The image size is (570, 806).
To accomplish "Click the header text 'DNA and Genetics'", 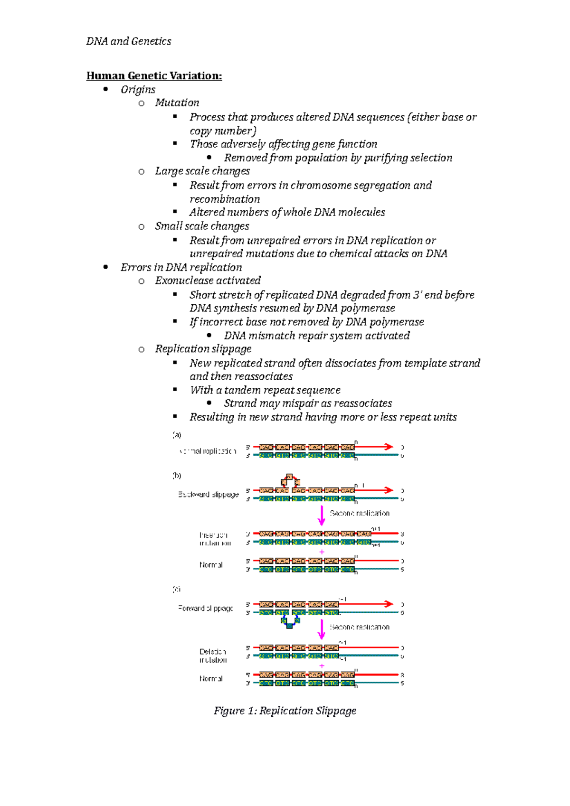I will [128, 41].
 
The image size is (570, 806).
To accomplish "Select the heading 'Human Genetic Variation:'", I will [154, 76].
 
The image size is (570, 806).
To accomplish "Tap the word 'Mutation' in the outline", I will [177, 103].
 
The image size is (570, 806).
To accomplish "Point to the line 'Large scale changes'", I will [202, 171].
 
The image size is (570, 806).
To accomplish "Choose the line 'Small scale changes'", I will [201, 226].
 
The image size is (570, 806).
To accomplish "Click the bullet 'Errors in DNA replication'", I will [181, 267].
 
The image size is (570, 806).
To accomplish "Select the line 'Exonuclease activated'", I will [208, 281].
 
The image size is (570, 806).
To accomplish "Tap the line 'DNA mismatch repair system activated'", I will [316, 336].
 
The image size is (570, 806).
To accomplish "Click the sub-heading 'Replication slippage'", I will [203, 349].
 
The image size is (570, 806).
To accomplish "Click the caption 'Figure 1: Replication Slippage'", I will [285, 711].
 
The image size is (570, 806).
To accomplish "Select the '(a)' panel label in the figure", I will [177, 435].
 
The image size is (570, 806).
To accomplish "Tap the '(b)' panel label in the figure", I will [177, 476].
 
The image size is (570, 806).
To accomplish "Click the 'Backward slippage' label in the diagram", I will [208, 495].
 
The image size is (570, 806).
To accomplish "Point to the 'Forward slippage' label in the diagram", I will [206, 608].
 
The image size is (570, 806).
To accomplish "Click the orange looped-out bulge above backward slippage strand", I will [290, 479].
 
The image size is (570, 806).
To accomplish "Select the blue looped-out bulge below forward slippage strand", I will [290, 622].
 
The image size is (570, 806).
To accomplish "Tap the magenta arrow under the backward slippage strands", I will [322, 515].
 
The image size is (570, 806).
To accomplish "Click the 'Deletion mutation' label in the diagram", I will [213, 656].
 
